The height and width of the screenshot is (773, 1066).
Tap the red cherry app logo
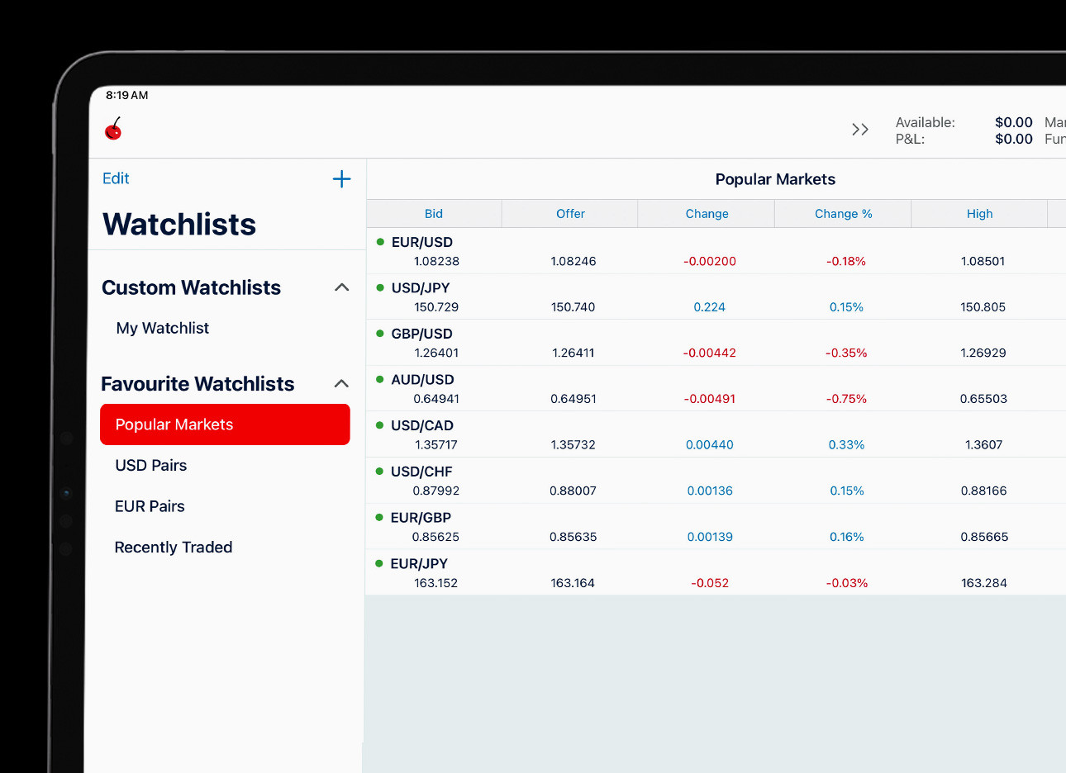113,129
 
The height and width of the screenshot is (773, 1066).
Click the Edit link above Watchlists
116,178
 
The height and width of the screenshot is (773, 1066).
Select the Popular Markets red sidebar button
225,424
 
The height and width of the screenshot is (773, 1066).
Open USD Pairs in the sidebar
151,465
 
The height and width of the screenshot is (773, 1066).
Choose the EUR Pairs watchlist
150,506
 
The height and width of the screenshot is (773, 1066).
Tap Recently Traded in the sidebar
174,547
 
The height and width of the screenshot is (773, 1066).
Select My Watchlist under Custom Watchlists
163,328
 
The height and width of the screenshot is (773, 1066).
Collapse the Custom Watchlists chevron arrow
341,287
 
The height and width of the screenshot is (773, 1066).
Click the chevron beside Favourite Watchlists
341,383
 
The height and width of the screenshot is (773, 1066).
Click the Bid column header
434,214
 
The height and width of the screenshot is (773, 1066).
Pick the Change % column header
843,214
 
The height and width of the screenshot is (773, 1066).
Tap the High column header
979,214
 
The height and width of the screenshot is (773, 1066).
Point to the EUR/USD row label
422,242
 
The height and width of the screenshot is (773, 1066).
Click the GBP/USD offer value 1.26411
573,353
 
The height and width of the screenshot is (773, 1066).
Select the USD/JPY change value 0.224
709,307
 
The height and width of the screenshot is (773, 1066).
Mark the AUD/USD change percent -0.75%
846,399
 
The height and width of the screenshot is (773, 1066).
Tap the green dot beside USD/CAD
380,425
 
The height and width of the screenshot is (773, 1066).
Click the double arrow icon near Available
860,130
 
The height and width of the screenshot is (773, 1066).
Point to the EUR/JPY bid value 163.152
435,583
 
